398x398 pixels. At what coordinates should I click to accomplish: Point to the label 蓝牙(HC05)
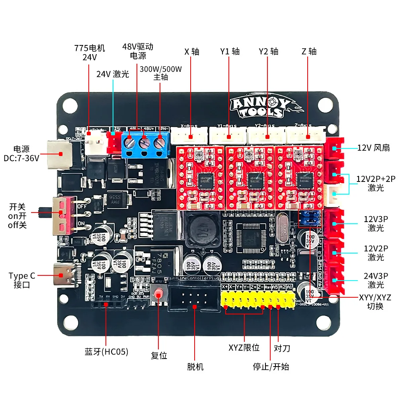[x=106, y=352]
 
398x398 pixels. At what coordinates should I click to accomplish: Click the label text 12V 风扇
[x=373, y=148]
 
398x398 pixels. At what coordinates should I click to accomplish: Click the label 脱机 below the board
[x=195, y=367]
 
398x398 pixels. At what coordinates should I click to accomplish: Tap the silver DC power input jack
[x=60, y=154]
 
